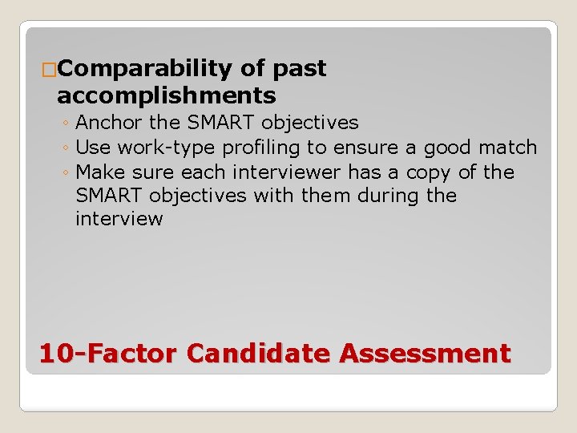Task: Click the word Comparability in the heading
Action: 145,70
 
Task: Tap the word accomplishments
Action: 167,96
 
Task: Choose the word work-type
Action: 167,148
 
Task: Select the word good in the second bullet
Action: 447,148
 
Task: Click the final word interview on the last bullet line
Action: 119,219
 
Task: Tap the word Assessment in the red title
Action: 425,353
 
